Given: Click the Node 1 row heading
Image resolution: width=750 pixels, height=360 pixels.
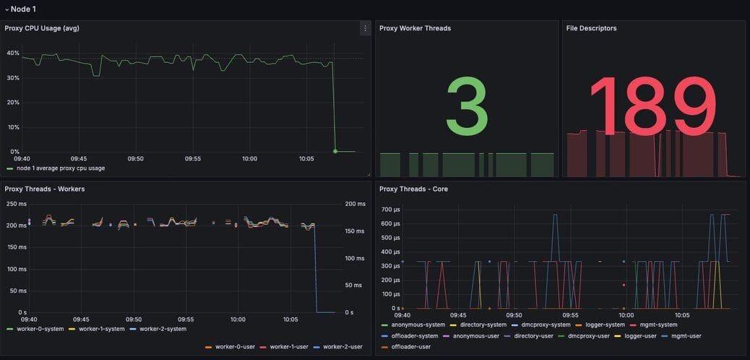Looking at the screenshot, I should point(22,9).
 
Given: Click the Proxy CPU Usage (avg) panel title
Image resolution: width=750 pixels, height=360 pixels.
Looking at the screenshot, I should point(42,28).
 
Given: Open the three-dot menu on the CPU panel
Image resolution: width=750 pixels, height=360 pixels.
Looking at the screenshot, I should point(365,28).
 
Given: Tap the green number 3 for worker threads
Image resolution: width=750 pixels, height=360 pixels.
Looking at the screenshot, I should point(467,106).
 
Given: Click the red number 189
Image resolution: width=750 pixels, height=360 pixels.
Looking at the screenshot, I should point(653,106).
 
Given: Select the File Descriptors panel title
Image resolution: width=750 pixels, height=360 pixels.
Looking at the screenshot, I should point(591,28).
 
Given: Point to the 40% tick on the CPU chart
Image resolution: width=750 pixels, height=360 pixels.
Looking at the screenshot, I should point(13,53).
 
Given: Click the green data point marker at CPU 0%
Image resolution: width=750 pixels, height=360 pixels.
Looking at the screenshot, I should point(335,151).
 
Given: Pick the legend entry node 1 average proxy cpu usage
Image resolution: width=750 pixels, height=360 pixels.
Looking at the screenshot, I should point(61,168).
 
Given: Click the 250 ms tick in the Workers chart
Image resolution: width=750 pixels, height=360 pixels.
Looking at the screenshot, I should point(16,204).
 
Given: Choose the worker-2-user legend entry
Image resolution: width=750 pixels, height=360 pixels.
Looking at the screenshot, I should point(342,346).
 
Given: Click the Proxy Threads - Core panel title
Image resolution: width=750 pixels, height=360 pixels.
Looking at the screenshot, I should point(413,189).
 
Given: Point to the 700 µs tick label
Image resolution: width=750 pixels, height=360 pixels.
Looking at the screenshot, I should point(390,210).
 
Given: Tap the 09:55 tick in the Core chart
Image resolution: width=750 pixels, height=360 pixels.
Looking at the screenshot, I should point(571,315).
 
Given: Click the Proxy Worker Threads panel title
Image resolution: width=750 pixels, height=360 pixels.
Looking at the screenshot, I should point(415,28).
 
